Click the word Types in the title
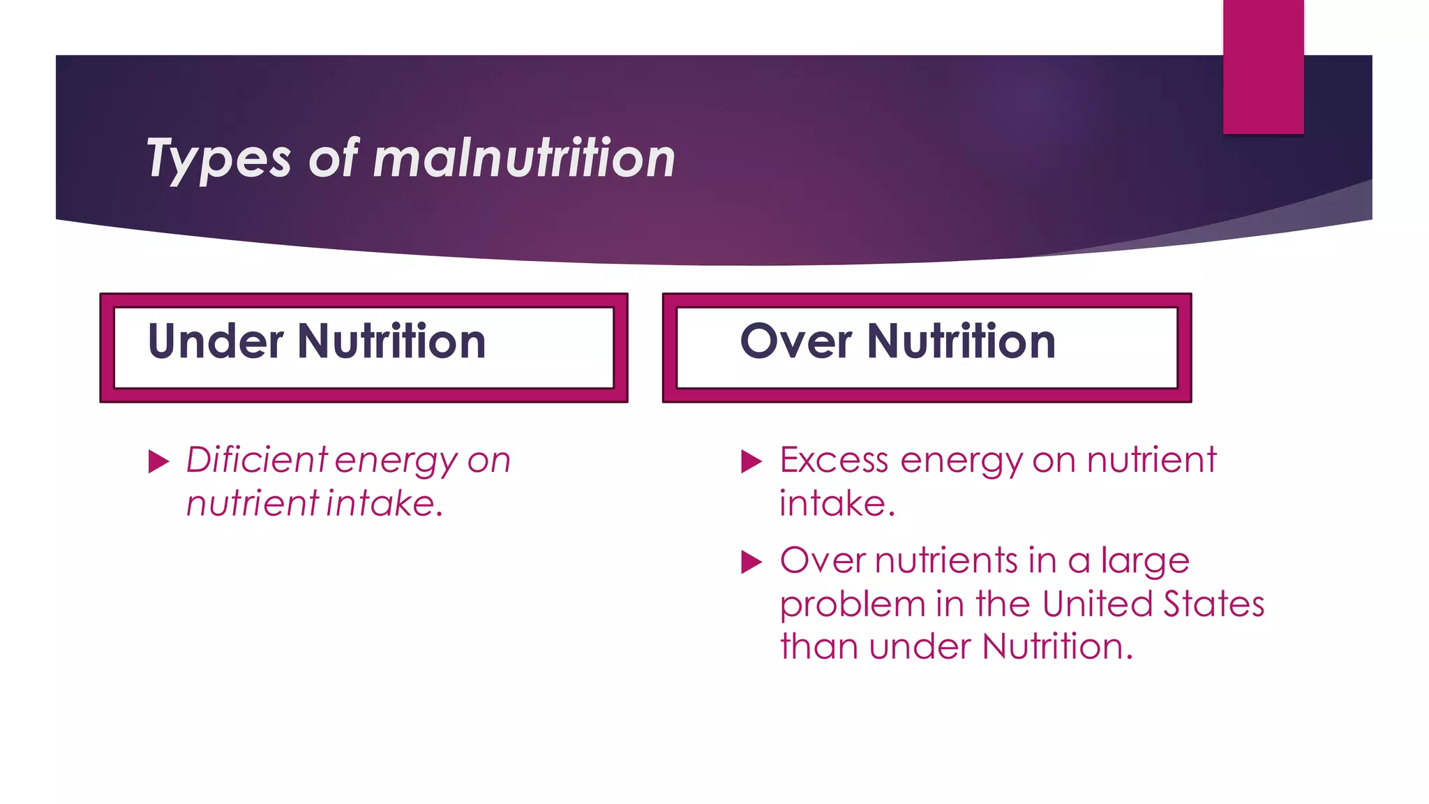218,160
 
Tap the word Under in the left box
216,341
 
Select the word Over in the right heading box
795,341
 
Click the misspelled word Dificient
256,460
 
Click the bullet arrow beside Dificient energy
159,461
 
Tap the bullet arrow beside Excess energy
751,461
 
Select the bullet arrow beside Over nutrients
751,562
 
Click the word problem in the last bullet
852,605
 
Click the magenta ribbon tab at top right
1263,66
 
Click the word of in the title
333,158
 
